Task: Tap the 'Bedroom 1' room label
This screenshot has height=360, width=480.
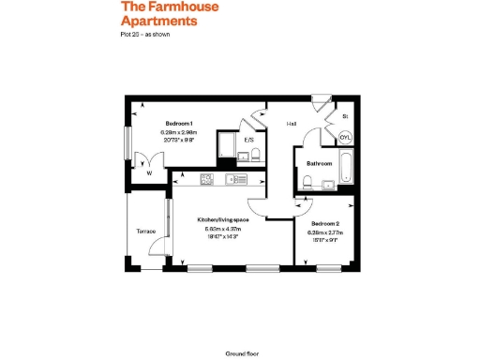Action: [x=179, y=124]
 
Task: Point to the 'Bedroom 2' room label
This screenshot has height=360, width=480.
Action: [x=324, y=224]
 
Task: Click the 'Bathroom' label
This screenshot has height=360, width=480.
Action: [x=320, y=163]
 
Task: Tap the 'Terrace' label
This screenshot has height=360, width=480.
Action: [x=145, y=231]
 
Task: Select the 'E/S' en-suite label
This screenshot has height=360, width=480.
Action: [x=249, y=141]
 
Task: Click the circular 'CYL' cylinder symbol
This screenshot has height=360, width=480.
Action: [x=345, y=137]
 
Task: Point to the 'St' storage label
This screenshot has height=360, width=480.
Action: [x=345, y=116]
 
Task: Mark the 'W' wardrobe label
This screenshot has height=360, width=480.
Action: [x=149, y=172]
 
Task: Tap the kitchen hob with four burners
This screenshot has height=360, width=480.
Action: [x=207, y=178]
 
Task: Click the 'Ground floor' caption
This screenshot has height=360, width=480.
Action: [x=241, y=353]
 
